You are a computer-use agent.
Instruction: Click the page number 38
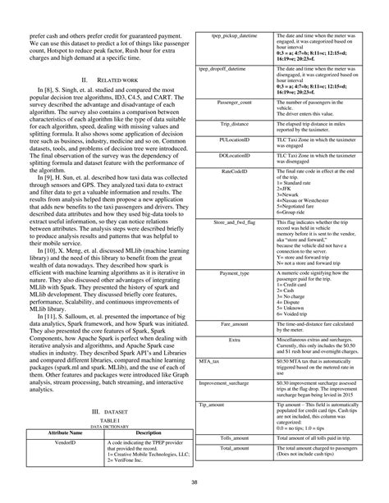[x=194, y=482]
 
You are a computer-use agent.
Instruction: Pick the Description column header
[x=147, y=432]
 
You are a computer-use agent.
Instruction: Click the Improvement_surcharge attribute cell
[x=226, y=382]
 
